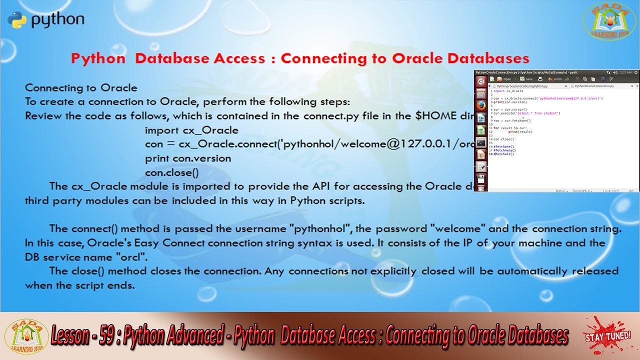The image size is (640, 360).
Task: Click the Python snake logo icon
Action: point(16,20)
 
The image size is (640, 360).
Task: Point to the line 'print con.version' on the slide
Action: point(188,158)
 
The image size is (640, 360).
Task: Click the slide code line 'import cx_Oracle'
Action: point(191,130)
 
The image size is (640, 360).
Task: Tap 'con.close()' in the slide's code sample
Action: point(171,173)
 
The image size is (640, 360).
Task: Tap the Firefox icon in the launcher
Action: point(481,105)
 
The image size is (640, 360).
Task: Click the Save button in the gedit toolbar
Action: point(526,79)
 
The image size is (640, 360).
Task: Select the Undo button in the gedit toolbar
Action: point(555,79)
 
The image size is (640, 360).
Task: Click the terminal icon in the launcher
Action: point(481,142)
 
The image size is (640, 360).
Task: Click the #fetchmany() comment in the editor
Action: point(504,150)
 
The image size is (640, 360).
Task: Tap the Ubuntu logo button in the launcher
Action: point(481,81)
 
